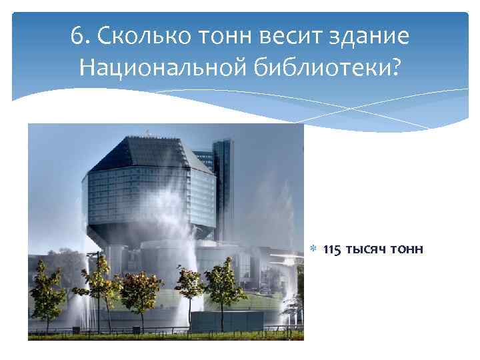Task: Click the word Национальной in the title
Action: coord(163,67)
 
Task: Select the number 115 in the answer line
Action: coord(333,250)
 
